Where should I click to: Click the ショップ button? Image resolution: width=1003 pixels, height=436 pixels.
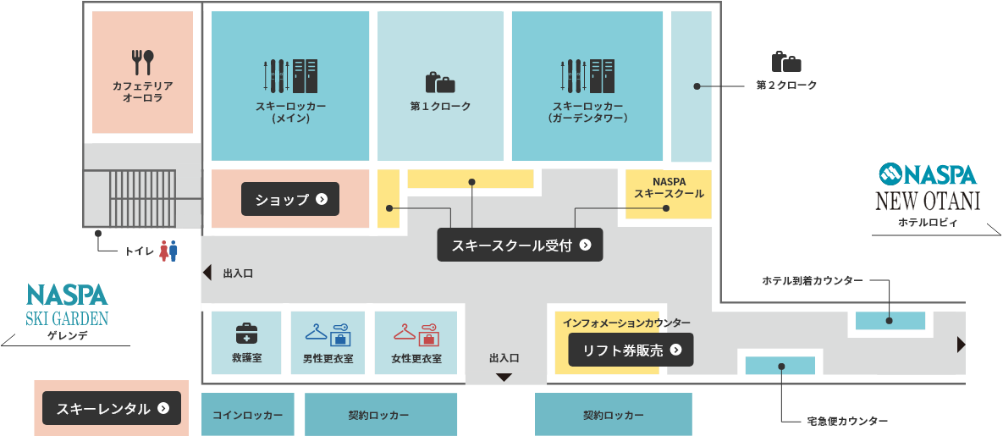pos(289,199)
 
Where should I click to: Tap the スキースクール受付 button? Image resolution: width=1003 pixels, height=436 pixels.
pos(520,245)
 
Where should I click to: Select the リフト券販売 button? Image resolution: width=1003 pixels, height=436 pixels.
pos(631,350)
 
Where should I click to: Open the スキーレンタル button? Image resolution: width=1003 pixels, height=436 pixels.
pos(112,408)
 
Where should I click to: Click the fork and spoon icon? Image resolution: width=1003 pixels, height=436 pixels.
pos(143,63)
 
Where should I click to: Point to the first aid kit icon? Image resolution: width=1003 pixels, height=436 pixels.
pos(247,334)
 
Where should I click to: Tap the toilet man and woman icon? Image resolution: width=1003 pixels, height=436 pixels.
pos(168,251)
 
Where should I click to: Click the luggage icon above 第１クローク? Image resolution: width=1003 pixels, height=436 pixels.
pos(440,82)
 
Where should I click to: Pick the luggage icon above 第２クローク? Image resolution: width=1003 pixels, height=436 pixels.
pos(786,62)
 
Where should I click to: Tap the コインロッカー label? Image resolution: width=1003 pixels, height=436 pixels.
pos(247,415)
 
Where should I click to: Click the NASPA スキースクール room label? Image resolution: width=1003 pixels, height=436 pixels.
pos(669,187)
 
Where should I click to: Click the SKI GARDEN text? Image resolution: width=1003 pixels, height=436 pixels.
pos(67,317)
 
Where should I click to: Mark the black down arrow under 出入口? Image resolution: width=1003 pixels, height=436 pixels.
pos(504,378)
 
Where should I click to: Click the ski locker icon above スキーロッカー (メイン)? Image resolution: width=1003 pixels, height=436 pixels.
pos(290,75)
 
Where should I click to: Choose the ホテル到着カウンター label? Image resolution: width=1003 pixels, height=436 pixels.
pos(813,280)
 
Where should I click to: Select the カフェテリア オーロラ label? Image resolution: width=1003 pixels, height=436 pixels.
pos(143,91)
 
